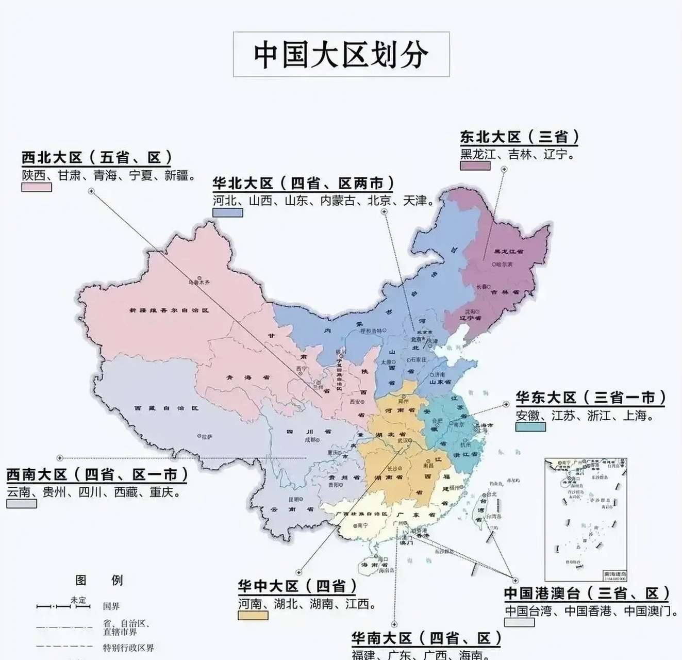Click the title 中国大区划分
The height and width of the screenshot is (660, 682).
tap(341, 55)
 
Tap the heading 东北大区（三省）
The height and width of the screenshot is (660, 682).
tap(520, 137)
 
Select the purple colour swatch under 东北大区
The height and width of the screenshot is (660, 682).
tap(475, 166)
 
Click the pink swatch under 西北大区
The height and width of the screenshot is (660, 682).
tap(36, 187)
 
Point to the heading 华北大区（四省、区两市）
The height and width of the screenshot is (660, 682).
tap(304, 184)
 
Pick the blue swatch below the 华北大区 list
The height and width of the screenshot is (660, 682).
tap(227, 212)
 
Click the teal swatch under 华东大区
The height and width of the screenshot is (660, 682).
tap(530, 427)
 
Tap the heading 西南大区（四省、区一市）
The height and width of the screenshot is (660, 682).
tap(97, 474)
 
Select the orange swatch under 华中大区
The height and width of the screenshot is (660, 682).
tap(253, 615)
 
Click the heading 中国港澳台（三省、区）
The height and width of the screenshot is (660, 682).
tap(587, 593)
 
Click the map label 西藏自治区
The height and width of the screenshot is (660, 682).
tap(166, 408)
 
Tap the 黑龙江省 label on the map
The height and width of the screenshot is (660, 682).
tap(508, 251)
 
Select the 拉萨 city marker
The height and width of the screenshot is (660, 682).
tap(199, 436)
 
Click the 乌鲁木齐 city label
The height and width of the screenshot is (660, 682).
tap(198, 283)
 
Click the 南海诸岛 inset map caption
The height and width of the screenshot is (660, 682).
tap(615, 574)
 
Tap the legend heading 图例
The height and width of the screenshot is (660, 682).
tap(99, 580)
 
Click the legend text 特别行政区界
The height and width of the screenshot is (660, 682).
tap(128, 648)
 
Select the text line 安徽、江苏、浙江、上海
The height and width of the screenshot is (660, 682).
tap(585, 415)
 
